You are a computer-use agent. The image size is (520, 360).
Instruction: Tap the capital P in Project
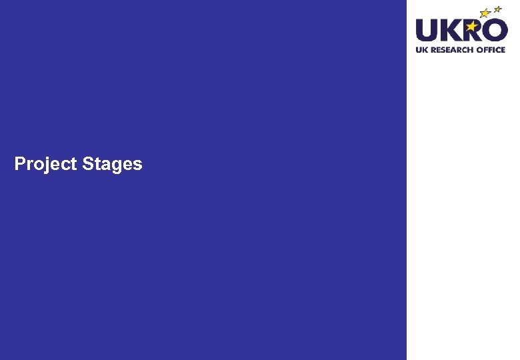(x=20, y=163)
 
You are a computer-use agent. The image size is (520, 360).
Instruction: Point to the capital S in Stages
(x=89, y=163)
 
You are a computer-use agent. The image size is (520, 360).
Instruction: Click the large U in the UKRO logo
(x=428, y=31)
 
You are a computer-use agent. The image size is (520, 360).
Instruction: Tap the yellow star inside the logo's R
(x=472, y=26)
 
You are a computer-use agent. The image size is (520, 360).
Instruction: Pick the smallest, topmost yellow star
(x=497, y=9)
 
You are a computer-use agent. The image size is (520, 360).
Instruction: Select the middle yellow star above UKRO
(x=485, y=13)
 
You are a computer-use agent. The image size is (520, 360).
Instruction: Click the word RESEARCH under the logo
(x=451, y=50)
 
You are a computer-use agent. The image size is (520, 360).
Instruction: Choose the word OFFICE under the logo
(x=490, y=50)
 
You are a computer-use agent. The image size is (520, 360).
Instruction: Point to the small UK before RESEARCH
(x=422, y=50)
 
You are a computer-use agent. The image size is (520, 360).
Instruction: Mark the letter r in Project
(x=30, y=165)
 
